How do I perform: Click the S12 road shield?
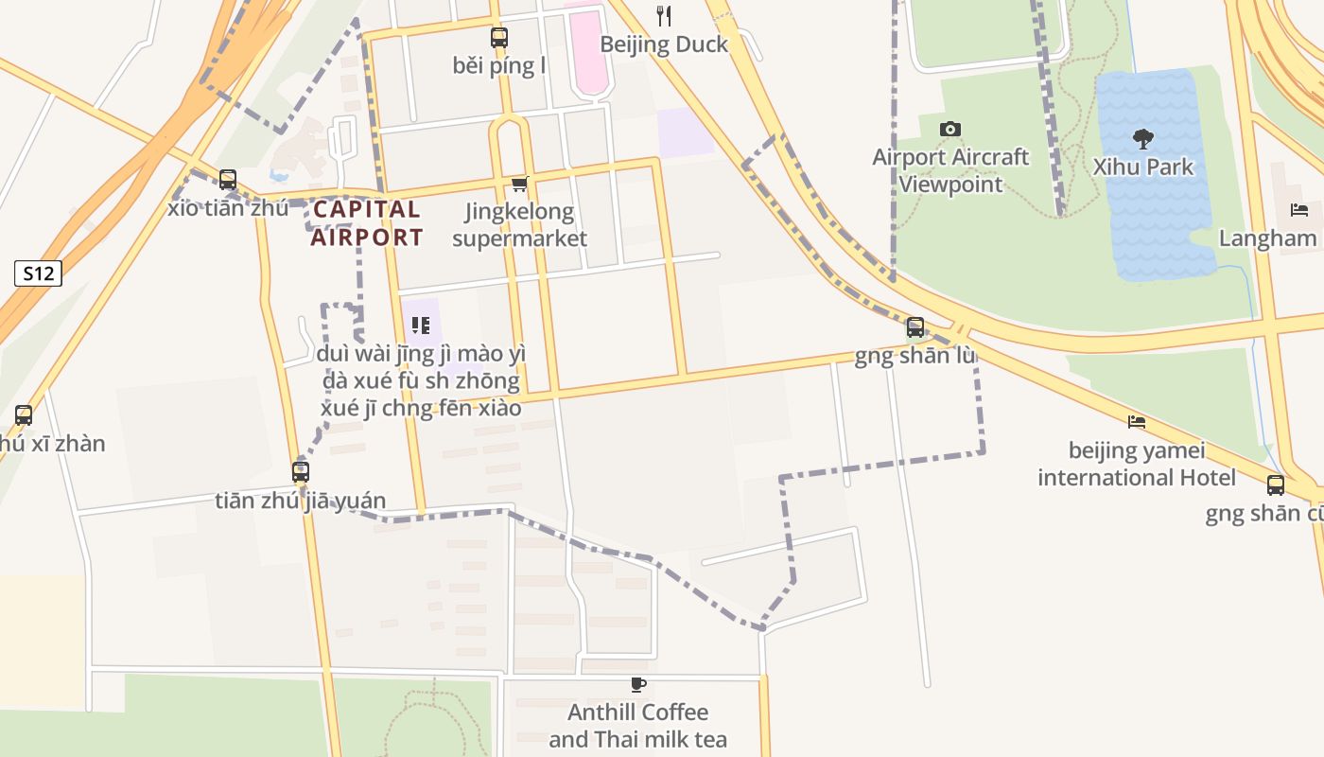pos(38,274)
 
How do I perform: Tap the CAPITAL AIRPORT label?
pos(367,223)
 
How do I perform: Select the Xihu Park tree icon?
pos(1143,139)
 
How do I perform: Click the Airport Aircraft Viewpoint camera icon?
pos(950,129)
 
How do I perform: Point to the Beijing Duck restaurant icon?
pos(664,15)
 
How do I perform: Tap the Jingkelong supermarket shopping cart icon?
pos(518,184)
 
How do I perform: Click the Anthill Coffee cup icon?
pos(638,684)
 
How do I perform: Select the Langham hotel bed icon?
pos(1299,210)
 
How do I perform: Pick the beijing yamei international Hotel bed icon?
pos(1137,421)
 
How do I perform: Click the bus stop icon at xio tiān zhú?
pos(227,180)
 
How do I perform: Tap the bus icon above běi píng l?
pos(498,38)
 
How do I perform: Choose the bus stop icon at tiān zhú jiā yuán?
pos(301,471)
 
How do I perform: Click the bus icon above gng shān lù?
pos(915,327)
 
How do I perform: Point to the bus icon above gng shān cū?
pos(1276,485)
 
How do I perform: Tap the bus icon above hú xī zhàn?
pos(24,414)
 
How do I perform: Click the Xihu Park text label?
pos(1143,167)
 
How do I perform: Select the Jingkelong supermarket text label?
pos(519,224)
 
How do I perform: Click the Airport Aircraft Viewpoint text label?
pos(950,170)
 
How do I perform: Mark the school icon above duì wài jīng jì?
pos(421,326)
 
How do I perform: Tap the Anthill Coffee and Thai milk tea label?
pos(638,725)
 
